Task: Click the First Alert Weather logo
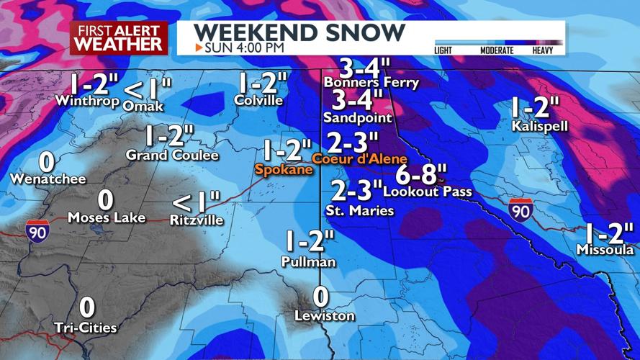coord(119,37)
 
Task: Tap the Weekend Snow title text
coord(299,32)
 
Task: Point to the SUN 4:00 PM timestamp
coord(240,48)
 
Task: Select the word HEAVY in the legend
coord(543,50)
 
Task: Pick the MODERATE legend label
coord(496,50)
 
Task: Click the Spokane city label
coord(284,170)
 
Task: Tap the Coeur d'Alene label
coord(360,158)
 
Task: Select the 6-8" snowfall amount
coord(421,174)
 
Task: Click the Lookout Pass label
coord(428,192)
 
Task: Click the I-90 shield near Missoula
coord(520,210)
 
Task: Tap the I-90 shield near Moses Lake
coord(37,230)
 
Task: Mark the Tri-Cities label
coord(86,328)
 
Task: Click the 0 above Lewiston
coord(321,297)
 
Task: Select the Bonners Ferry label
coord(371,83)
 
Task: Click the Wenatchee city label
coord(48,179)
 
